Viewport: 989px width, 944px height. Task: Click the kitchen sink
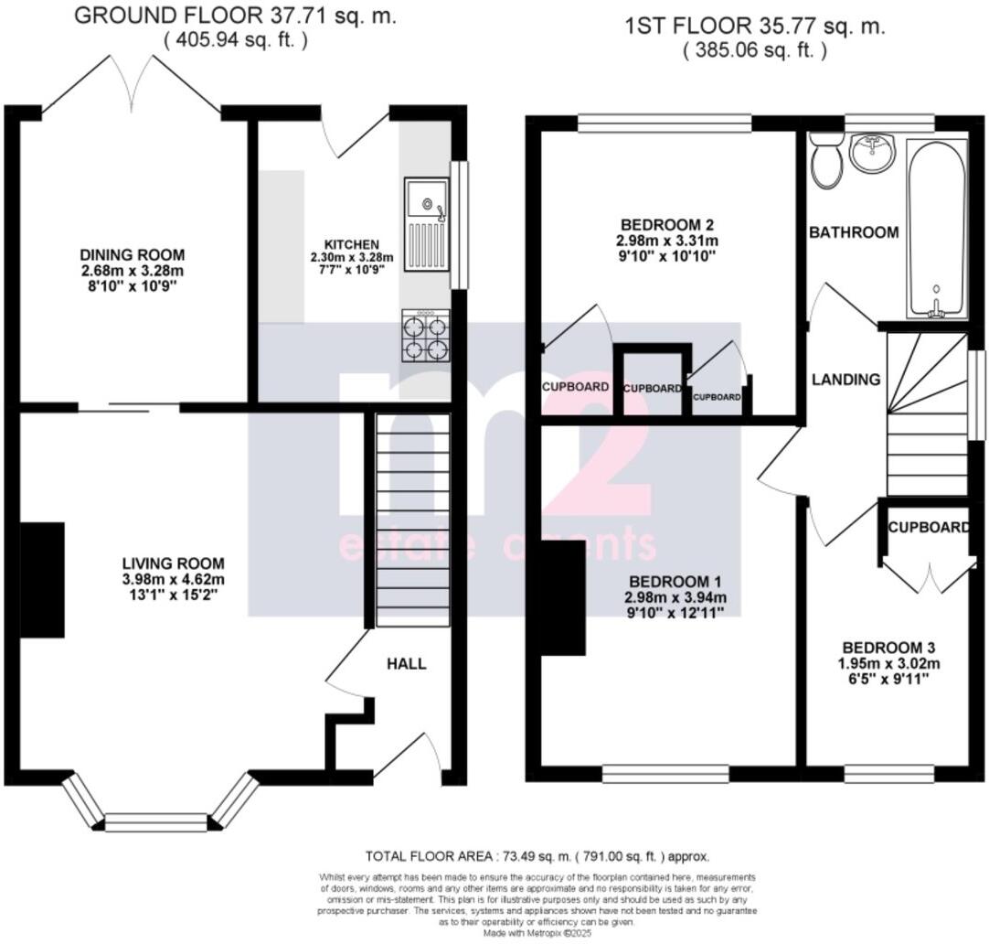point(426,223)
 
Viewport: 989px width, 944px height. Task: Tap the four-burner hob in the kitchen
point(425,336)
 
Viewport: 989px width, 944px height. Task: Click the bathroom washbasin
point(875,153)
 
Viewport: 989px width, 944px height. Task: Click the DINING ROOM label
point(133,254)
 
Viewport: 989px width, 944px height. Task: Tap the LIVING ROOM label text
point(174,563)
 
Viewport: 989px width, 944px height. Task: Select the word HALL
point(407,664)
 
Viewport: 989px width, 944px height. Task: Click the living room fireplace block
point(42,579)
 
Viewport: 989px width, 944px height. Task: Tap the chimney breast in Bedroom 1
point(562,596)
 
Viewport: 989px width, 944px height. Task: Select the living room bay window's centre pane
point(156,821)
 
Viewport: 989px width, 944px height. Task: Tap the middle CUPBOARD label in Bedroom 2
point(653,388)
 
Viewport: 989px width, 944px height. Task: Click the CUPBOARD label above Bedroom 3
point(928,528)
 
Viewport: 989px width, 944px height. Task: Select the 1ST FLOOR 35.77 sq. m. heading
point(754,27)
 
